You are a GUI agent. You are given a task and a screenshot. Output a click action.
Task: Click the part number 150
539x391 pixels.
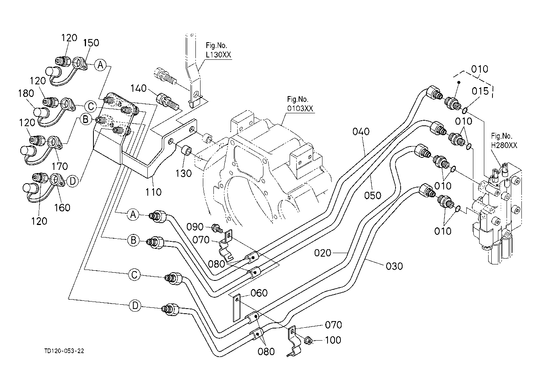pos(91,43)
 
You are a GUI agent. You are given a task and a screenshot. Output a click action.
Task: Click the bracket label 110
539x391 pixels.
pos(153,192)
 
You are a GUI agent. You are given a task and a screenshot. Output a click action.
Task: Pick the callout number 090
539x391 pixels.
pos(195,227)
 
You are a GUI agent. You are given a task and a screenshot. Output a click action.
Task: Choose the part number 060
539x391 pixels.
pos(259,293)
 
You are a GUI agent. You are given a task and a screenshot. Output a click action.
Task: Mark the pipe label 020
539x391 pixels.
pos(323,253)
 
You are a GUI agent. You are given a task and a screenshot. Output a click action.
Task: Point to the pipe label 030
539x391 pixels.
pos(394,266)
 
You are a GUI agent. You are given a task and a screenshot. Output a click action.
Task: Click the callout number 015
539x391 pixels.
pos(480,91)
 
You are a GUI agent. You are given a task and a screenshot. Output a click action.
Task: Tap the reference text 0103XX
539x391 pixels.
pos(300,108)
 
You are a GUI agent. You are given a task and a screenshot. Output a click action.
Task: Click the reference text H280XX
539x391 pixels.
pos(504,145)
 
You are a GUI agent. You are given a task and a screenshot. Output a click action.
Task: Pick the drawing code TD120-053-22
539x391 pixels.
pos(64,351)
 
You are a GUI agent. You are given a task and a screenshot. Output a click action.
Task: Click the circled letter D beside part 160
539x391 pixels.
pos(72,181)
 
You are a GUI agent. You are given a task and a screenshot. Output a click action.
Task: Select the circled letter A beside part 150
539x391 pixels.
pos(100,65)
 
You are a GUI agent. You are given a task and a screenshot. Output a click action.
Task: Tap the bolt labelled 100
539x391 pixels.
pos(308,341)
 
